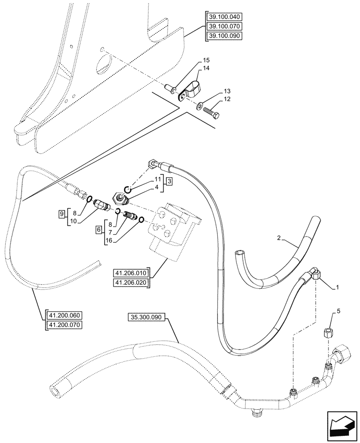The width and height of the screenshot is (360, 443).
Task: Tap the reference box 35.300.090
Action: pos(147,317)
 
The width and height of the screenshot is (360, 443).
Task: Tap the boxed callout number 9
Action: pos(62,214)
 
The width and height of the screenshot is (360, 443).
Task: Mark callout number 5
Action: pos(339,311)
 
